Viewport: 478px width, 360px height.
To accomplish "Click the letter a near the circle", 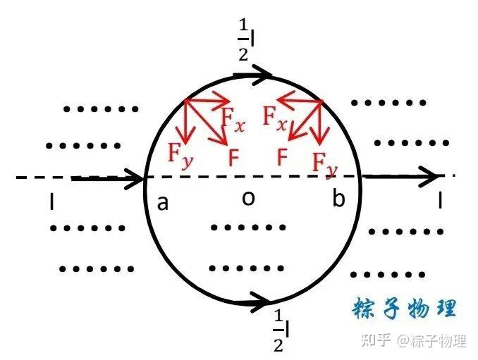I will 163,204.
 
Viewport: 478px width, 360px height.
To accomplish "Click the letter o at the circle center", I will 247,199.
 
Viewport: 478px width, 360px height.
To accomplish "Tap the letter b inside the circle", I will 339,199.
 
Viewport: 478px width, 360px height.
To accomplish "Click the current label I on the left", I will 51,203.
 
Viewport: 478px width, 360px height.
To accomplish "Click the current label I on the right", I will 440,202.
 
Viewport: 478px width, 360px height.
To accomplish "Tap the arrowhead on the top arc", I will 264,73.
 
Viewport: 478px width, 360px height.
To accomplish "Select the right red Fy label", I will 325,163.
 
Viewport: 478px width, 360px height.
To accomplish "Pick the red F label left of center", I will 233,156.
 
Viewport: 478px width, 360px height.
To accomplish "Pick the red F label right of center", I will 282,156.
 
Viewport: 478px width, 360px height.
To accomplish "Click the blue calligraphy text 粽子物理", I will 405,309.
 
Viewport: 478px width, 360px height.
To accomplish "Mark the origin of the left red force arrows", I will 185,101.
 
